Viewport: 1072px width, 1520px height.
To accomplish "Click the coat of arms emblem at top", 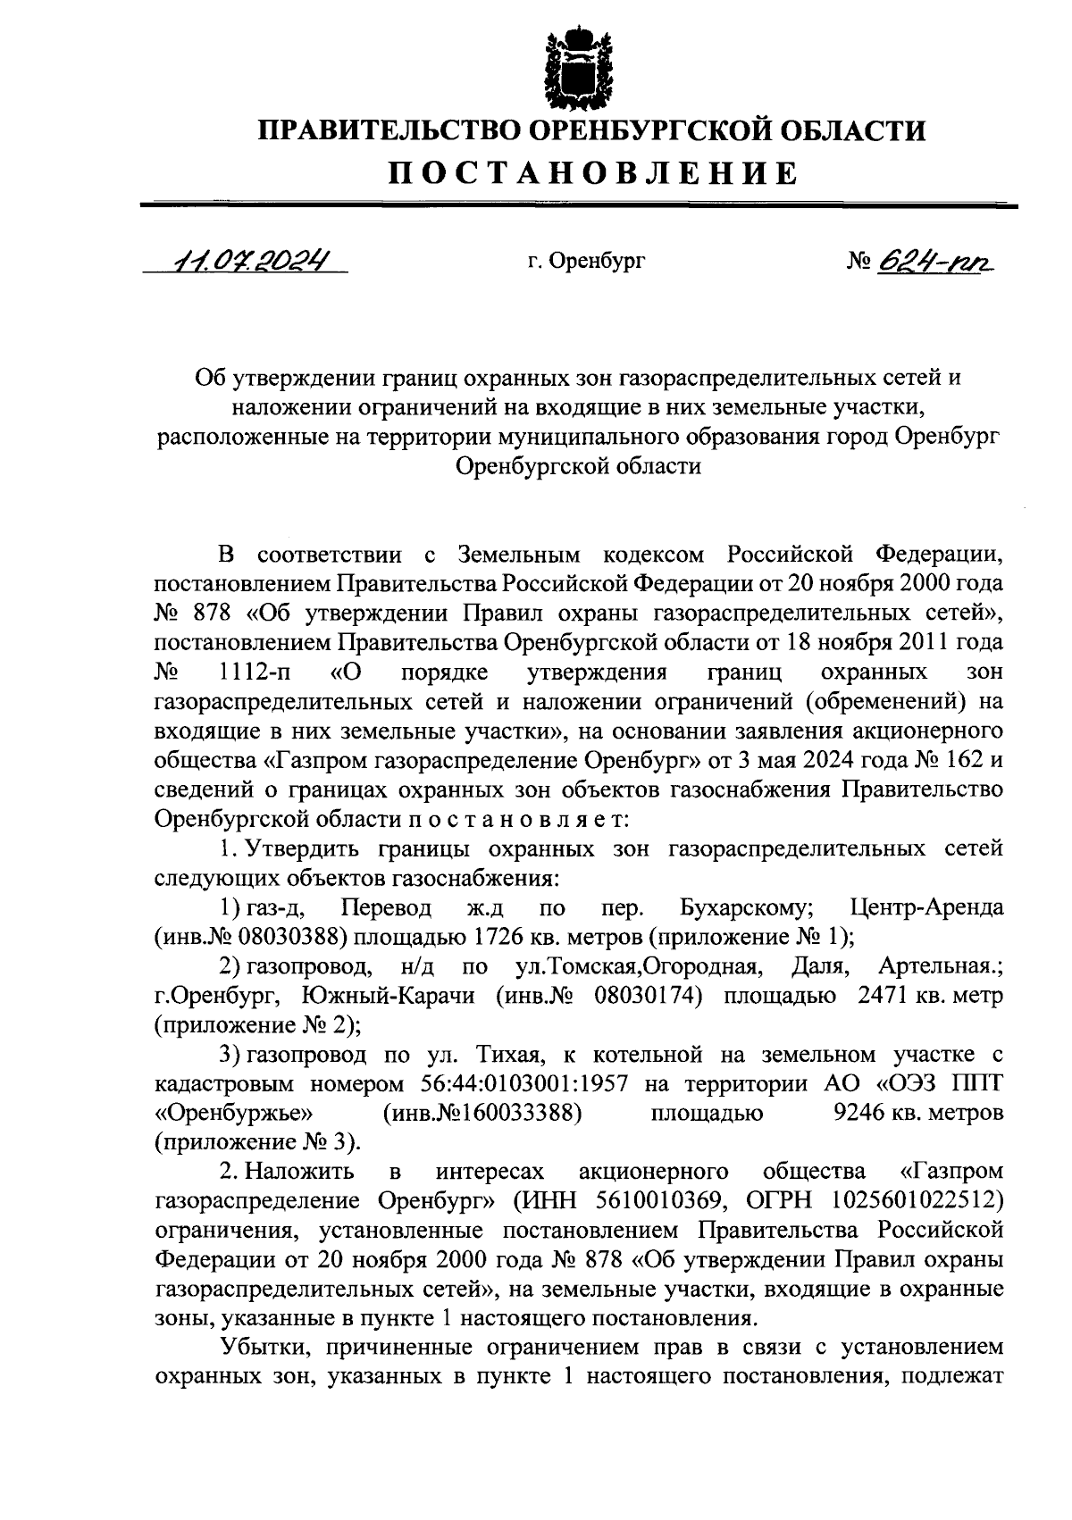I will (x=580, y=67).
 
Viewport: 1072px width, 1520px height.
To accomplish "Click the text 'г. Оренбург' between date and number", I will (x=585, y=262).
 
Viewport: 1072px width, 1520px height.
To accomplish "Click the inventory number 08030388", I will (x=289, y=937).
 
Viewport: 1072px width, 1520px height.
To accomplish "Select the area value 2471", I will (x=884, y=995).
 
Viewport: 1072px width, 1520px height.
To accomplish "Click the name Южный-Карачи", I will (x=381, y=995).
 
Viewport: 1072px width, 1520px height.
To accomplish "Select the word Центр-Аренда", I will (x=926, y=908).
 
